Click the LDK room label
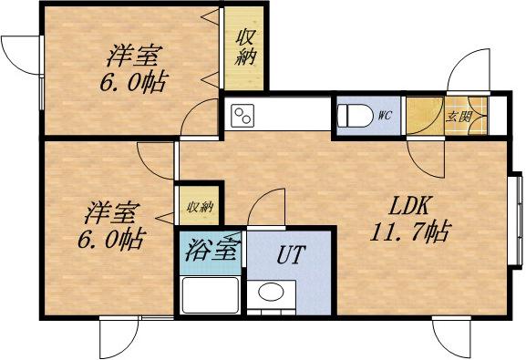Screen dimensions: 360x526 tap(406, 205)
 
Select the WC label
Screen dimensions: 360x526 tap(384, 116)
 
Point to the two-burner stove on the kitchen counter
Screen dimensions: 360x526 tap(243, 116)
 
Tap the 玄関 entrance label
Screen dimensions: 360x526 tap(458, 116)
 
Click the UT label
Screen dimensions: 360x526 tap(292, 252)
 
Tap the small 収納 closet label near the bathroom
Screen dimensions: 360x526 tap(200, 208)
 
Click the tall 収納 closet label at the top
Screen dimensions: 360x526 tap(246, 48)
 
